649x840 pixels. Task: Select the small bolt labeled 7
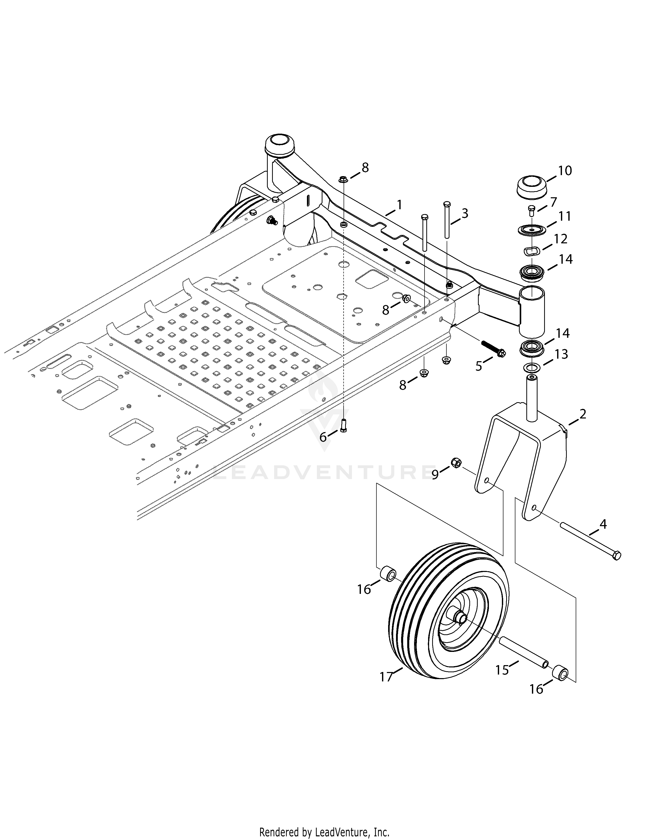(531, 211)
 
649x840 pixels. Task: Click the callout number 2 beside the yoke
(583, 414)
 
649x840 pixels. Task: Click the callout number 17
(386, 687)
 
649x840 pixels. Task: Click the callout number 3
(465, 213)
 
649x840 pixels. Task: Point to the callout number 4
(603, 524)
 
